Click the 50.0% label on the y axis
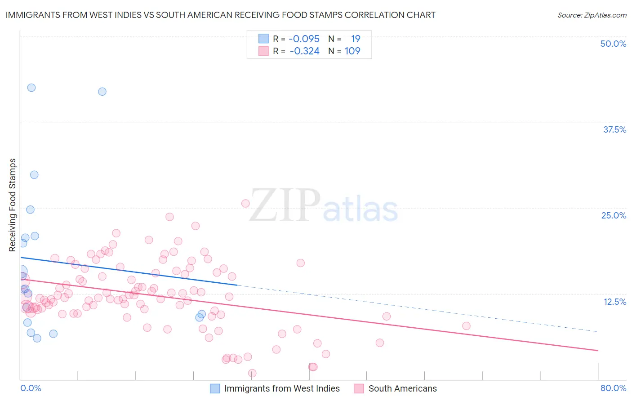pyautogui.click(x=613, y=44)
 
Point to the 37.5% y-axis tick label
pyautogui.click(x=614, y=129)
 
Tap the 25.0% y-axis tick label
pyautogui.click(x=614, y=215)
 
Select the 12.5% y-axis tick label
pyautogui.click(x=614, y=302)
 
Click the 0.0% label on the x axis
pyautogui.click(x=31, y=388)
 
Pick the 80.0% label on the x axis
pyautogui.click(x=613, y=388)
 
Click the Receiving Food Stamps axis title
pyautogui.click(x=13, y=205)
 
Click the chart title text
pyautogui.click(x=220, y=15)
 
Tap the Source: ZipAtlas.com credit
pyautogui.click(x=592, y=15)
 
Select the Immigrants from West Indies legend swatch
pyautogui.click(x=215, y=388)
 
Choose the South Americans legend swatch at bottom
pyautogui.click(x=359, y=388)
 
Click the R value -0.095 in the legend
pyautogui.click(x=304, y=39)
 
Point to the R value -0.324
pyautogui.click(x=304, y=51)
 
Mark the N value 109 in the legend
pyautogui.click(x=352, y=51)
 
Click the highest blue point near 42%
pyautogui.click(x=31, y=88)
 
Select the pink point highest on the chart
pyautogui.click(x=245, y=203)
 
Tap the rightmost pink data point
pyautogui.click(x=466, y=326)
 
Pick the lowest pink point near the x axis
pyautogui.click(x=252, y=373)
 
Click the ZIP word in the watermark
pyautogui.click(x=285, y=205)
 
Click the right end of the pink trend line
pyautogui.click(x=598, y=350)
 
